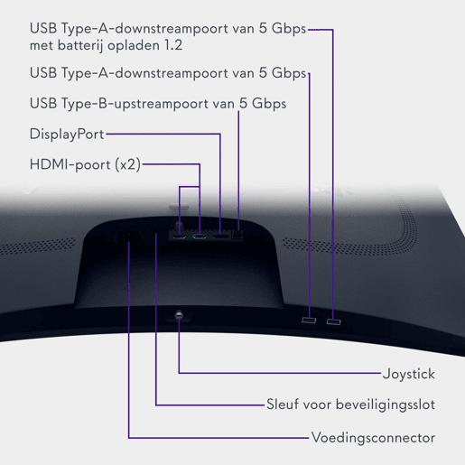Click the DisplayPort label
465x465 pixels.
tap(67, 135)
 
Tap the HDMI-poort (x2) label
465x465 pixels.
tap(85, 164)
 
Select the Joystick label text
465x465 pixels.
tap(409, 374)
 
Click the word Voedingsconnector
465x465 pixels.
tap(373, 438)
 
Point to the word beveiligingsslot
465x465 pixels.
tap(386, 405)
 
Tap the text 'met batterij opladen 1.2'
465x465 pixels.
tap(106, 45)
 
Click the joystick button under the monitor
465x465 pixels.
tap(179, 315)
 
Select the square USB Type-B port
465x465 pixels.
tap(238, 235)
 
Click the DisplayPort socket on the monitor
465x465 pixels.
tap(220, 237)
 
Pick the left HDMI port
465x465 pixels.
tap(180, 237)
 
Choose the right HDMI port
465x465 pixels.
tap(200, 237)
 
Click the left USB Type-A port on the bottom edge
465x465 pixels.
tap(309, 321)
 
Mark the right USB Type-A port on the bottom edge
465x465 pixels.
tap(334, 322)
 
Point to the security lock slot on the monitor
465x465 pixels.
tap(156, 231)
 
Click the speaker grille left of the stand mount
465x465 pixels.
tap(38, 246)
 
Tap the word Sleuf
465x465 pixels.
tap(284, 405)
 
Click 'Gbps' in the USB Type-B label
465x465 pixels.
tap(269, 104)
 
